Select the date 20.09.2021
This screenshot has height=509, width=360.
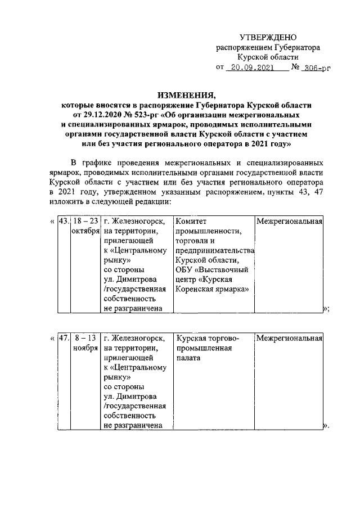[x=254, y=68]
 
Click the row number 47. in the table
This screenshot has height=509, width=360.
[x=64, y=339]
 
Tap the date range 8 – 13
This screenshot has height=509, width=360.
[x=86, y=339]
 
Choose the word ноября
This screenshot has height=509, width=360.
[x=86, y=349]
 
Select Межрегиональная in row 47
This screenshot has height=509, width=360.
[x=289, y=339]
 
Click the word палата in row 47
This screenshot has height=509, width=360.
[x=189, y=360]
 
